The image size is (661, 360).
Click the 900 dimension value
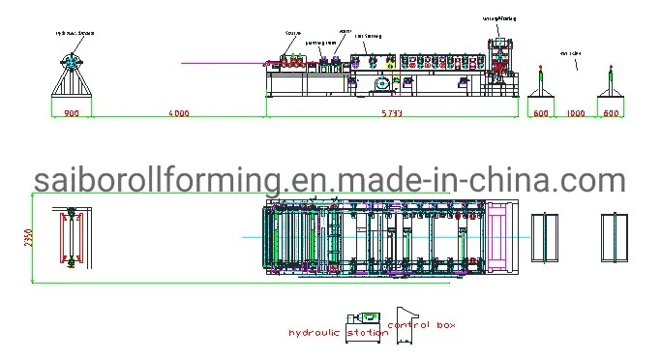72,114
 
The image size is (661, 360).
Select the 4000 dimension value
178,114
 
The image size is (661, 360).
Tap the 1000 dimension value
576,114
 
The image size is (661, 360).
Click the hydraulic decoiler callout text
75,33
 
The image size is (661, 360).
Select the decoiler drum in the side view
72,61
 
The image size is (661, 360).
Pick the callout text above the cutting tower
500,18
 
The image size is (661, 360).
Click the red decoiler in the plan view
71,238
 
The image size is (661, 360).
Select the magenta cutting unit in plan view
504,237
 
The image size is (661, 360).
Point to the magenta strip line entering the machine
223,64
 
